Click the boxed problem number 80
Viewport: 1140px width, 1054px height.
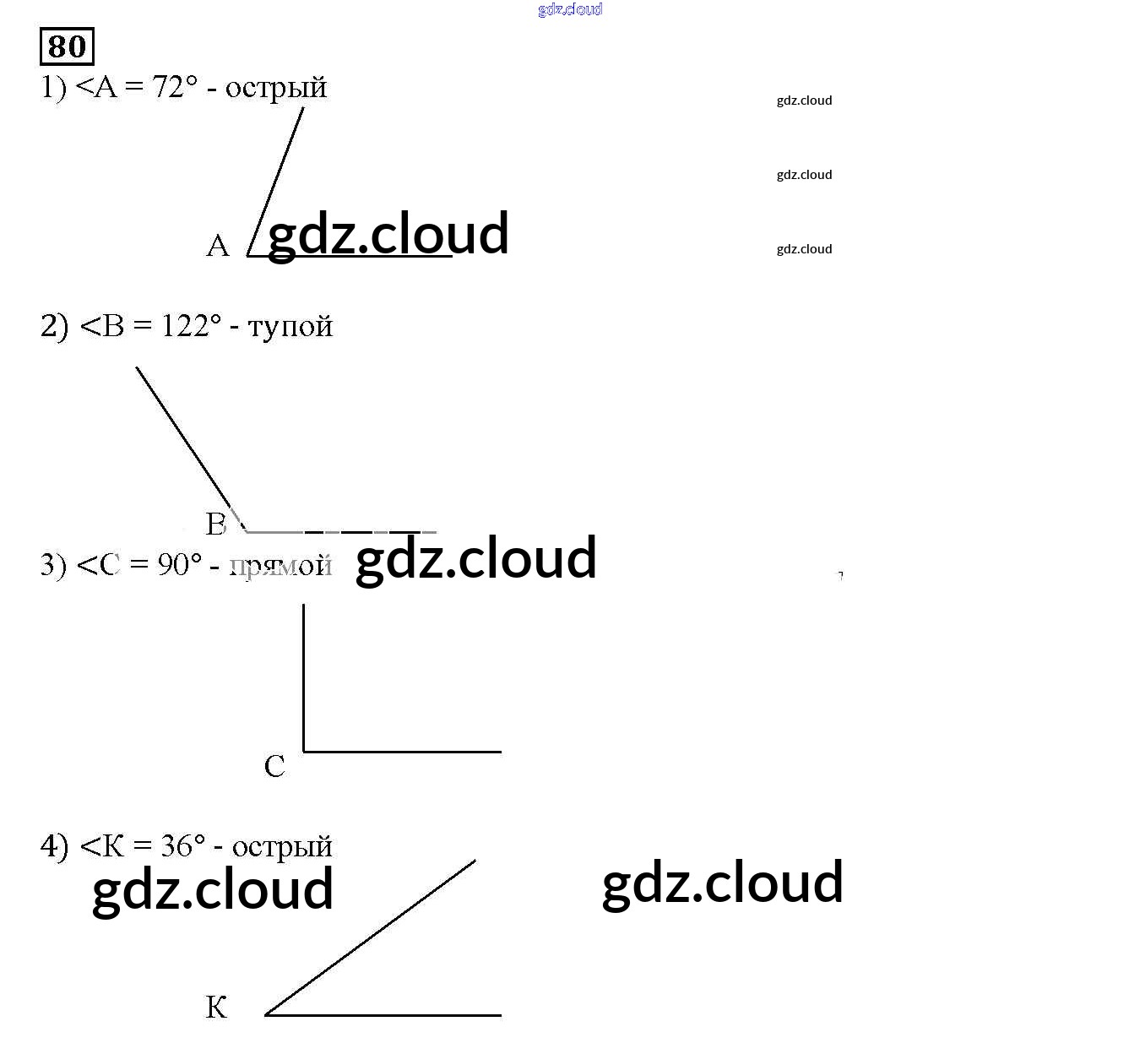point(67,46)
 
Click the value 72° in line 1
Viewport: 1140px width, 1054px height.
point(175,87)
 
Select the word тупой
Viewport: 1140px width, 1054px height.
point(290,326)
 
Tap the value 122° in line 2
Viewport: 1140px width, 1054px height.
point(191,326)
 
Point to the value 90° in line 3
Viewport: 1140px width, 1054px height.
point(180,565)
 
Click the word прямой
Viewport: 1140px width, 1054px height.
point(280,566)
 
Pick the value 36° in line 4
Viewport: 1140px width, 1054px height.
point(182,846)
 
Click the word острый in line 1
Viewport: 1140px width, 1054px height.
point(276,88)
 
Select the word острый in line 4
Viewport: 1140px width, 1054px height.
point(282,847)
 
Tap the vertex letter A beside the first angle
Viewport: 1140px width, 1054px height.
point(218,246)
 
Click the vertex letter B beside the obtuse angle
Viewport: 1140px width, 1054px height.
point(215,524)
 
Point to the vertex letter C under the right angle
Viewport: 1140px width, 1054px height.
point(274,767)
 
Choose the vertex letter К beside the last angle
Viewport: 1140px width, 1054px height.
point(216,1008)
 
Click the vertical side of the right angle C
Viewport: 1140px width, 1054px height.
point(303,676)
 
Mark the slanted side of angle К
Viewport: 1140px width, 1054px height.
point(372,937)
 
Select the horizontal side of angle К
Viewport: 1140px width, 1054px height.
point(384,1015)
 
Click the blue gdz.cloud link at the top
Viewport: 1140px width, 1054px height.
point(570,9)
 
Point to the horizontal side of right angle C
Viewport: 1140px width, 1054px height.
point(402,751)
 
